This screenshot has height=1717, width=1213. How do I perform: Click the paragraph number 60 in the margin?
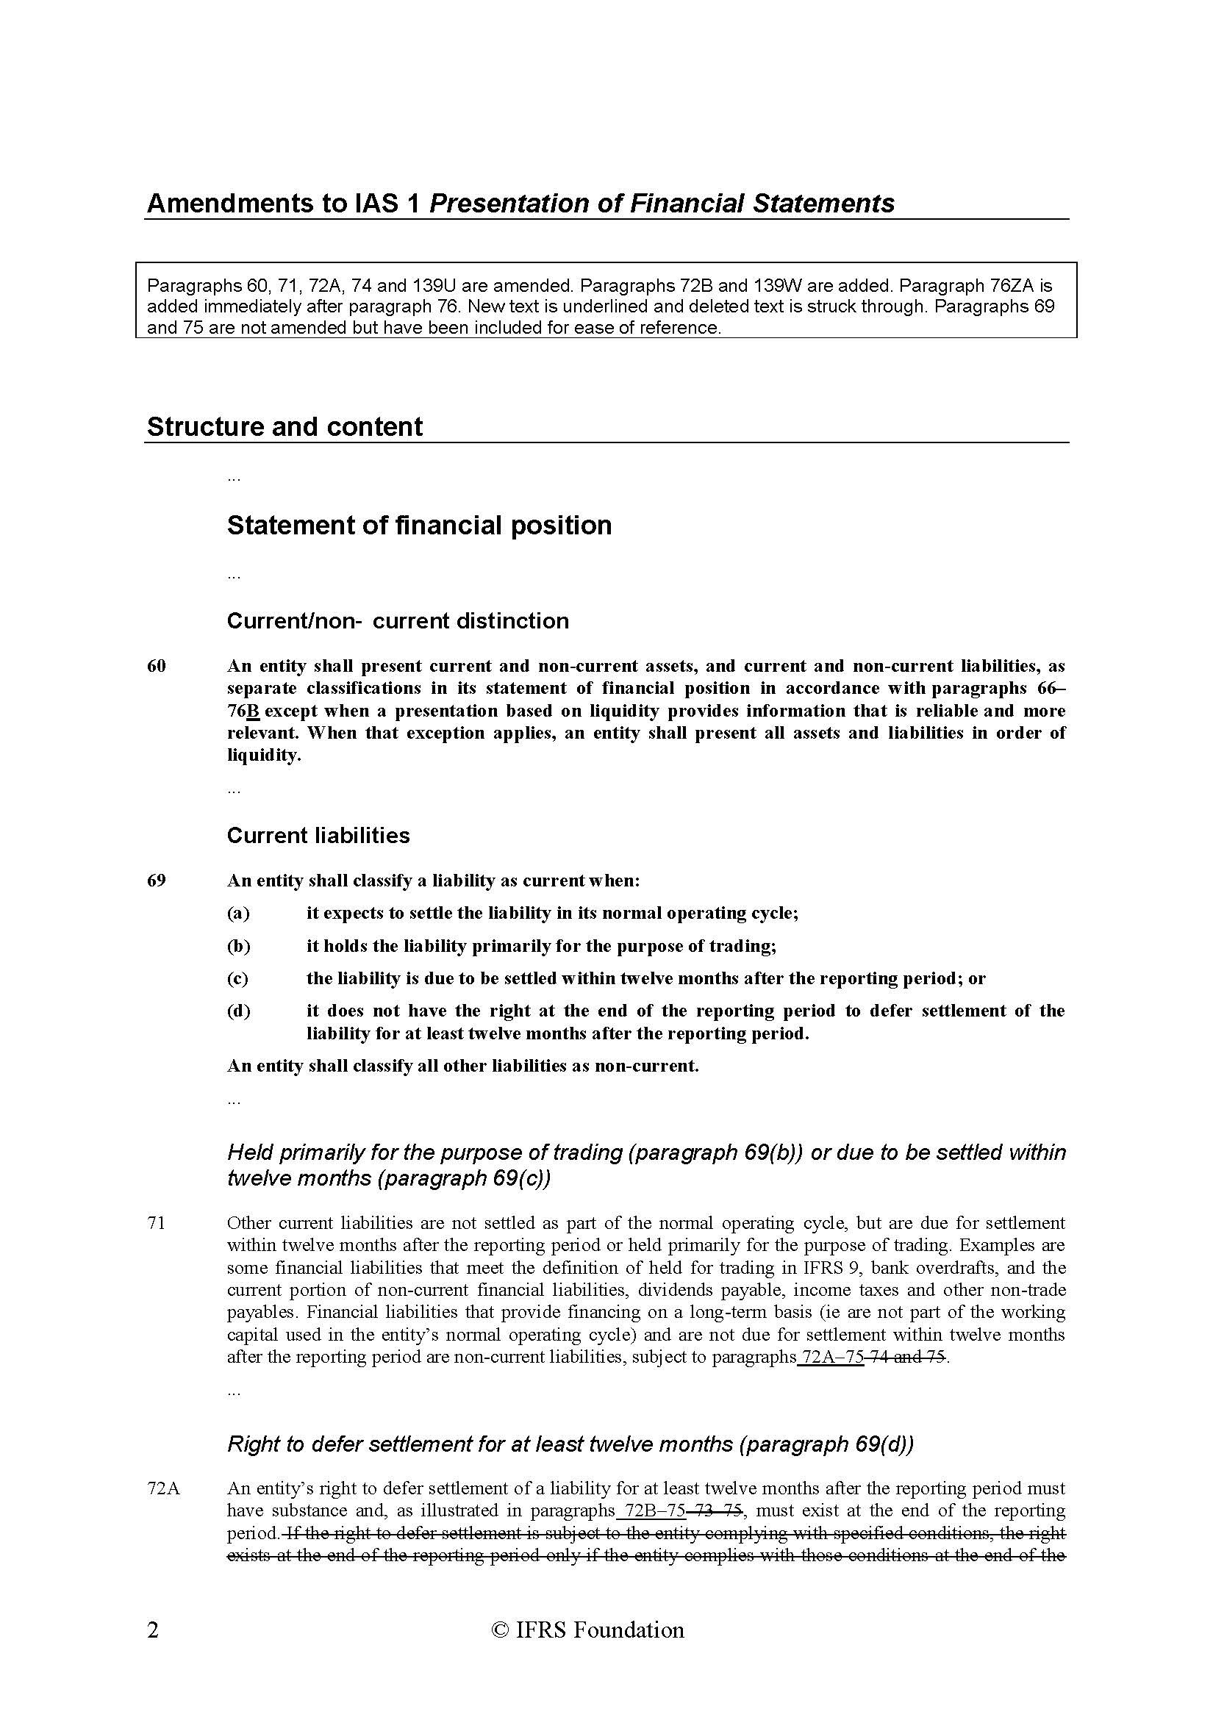click(x=157, y=667)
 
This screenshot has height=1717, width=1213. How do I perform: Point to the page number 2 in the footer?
click(x=153, y=1630)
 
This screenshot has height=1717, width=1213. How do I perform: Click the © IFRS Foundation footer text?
click(x=587, y=1630)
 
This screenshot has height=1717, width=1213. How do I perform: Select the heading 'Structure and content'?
click(x=285, y=427)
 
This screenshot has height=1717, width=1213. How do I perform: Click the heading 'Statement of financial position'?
click(x=419, y=526)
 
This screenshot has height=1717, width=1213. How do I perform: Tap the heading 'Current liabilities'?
click(x=318, y=835)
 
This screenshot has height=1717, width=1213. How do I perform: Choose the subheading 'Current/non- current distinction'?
click(x=398, y=620)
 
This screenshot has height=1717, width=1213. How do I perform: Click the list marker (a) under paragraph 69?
click(x=239, y=913)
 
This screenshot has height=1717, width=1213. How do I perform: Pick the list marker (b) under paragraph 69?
click(x=239, y=946)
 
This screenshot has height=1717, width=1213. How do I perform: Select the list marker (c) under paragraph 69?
click(x=237, y=978)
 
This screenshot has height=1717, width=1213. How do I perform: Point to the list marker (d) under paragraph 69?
click(x=239, y=1011)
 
